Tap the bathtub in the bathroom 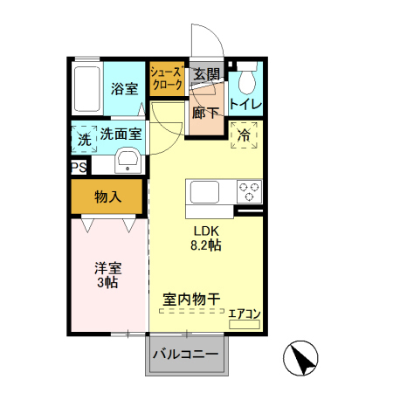87,88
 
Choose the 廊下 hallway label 206,112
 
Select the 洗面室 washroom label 121,134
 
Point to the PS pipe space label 79,166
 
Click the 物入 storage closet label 107,197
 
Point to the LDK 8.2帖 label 207,238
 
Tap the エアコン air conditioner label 245,312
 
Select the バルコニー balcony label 187,355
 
